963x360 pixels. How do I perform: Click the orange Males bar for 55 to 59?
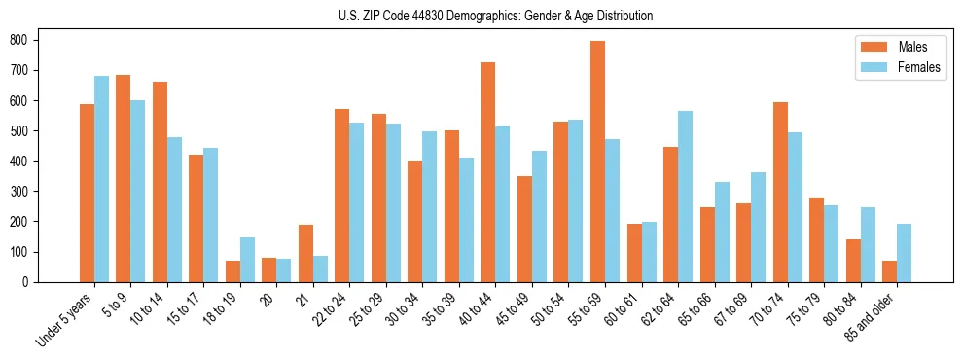(x=597, y=162)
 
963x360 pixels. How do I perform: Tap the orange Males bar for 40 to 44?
(x=487, y=172)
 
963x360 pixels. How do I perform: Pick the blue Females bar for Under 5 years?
(x=101, y=179)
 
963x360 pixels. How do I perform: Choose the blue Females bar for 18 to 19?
(x=247, y=260)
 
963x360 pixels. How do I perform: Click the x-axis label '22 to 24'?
(x=330, y=309)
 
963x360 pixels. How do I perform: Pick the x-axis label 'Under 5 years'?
(x=65, y=318)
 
